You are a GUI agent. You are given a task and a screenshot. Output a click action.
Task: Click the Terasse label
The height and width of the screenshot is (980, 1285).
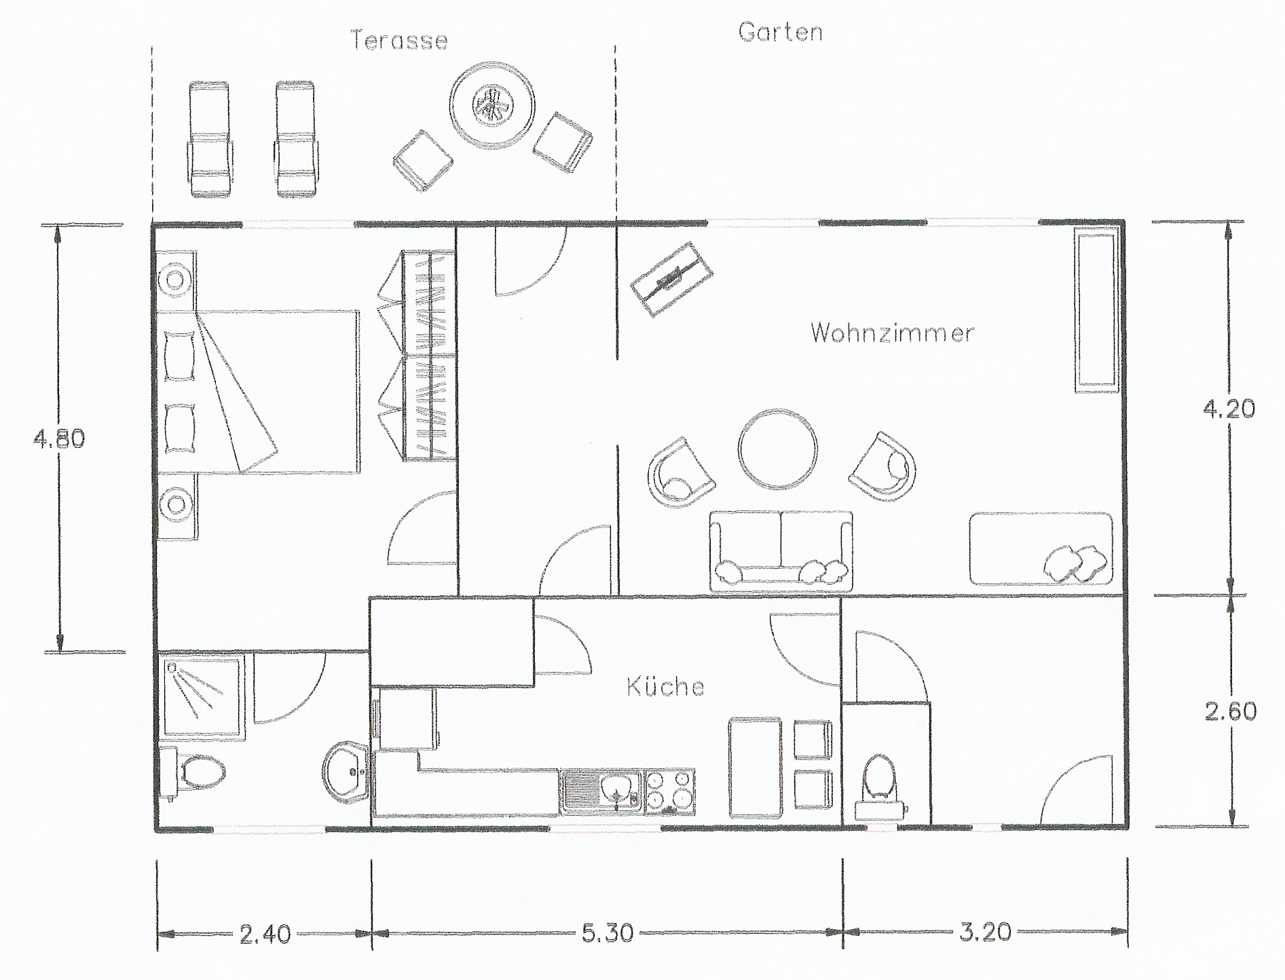(x=399, y=40)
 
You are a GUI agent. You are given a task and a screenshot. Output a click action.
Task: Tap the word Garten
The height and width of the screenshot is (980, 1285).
(x=780, y=32)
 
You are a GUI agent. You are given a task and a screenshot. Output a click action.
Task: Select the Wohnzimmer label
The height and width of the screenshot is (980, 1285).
(x=892, y=333)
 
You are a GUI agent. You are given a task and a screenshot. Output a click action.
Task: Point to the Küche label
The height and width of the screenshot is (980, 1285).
(x=665, y=687)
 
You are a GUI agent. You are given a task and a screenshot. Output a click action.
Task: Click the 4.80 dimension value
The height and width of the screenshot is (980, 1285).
(x=59, y=439)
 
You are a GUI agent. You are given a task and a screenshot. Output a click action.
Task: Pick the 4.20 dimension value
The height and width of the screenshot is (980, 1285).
(x=1228, y=409)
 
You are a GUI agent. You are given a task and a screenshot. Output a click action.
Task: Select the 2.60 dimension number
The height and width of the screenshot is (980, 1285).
(x=1229, y=712)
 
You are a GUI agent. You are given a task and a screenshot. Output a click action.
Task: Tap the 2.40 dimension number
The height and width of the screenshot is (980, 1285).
(x=265, y=935)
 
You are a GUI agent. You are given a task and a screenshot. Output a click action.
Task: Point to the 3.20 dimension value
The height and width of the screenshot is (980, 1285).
(x=985, y=932)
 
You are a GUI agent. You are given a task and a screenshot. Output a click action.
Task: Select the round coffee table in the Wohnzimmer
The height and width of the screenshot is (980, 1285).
(x=777, y=449)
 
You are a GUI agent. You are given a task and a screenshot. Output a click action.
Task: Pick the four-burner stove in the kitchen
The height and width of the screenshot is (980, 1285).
(x=669, y=791)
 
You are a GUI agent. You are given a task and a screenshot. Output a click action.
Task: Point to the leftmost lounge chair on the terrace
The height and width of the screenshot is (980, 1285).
(x=208, y=139)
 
